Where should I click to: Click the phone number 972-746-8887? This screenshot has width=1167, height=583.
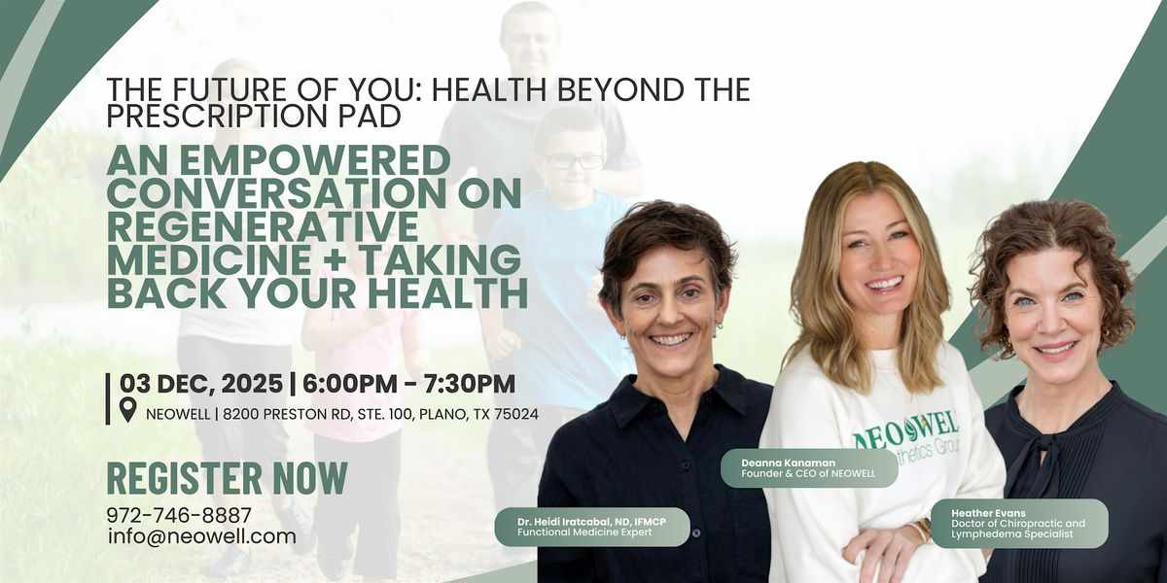[x=179, y=516]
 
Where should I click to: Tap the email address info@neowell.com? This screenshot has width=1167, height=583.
[x=201, y=536]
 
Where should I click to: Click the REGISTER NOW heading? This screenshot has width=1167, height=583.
[x=227, y=479]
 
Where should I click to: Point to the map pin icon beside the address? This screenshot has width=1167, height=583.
[x=127, y=413]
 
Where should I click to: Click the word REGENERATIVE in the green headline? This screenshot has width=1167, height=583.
[x=263, y=225]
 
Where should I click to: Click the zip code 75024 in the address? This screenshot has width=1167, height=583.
[x=516, y=414]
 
